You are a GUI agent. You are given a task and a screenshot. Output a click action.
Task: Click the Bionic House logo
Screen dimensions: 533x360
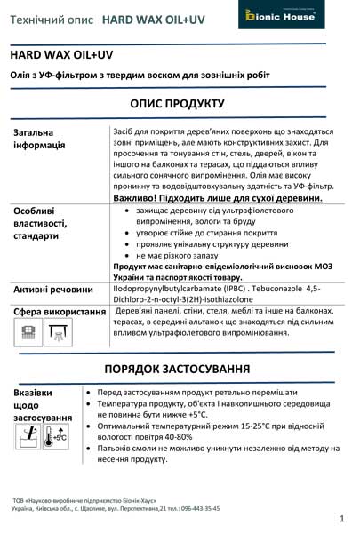pos(297,16)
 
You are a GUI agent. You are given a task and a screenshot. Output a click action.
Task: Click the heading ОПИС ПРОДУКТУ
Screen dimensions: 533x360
pos(181,104)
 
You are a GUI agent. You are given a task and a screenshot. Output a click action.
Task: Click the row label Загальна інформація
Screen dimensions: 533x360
pos(40,139)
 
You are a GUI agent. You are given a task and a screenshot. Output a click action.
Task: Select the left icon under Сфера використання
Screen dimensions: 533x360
pos(27,332)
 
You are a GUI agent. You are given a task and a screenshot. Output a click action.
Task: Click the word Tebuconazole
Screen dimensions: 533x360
pos(265,289)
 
